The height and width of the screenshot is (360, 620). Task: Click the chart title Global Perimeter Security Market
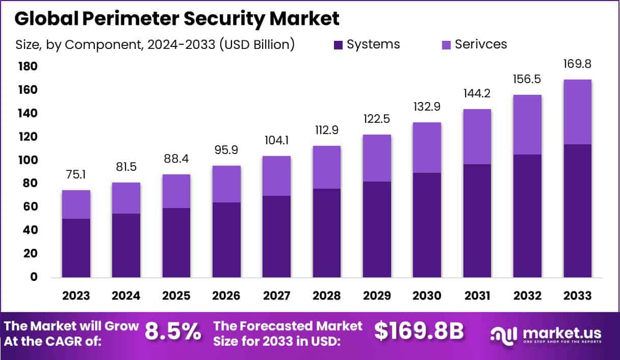pyautogui.click(x=176, y=18)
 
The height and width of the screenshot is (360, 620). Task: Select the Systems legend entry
pyautogui.click(x=367, y=44)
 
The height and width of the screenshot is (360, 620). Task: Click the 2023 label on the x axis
pyautogui.click(x=76, y=296)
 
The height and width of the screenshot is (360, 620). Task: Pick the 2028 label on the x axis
pyautogui.click(x=327, y=296)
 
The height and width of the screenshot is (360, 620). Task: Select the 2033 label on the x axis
pyautogui.click(x=578, y=296)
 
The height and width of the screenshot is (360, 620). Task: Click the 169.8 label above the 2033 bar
pyautogui.click(x=578, y=65)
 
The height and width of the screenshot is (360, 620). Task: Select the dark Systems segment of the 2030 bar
pyautogui.click(x=427, y=225)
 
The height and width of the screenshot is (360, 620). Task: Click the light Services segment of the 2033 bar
pyautogui.click(x=578, y=112)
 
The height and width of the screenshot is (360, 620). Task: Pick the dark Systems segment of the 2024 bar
pyautogui.click(x=126, y=245)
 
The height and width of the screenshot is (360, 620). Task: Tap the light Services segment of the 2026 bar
pyautogui.click(x=226, y=184)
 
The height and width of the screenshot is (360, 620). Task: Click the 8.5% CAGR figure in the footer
pyautogui.click(x=173, y=331)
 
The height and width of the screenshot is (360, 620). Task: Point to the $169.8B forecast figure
pyautogui.click(x=419, y=331)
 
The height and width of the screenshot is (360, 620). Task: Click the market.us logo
pyautogui.click(x=546, y=334)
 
